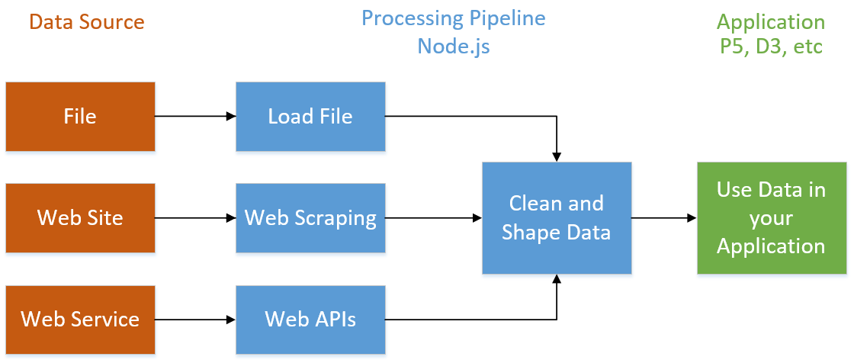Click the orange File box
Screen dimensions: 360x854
click(x=80, y=116)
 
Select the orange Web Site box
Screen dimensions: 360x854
click(x=80, y=218)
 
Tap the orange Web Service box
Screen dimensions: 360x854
click(x=80, y=319)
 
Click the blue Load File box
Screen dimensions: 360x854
click(x=310, y=116)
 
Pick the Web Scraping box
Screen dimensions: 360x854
click(x=310, y=218)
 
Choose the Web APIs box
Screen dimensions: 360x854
click(x=310, y=319)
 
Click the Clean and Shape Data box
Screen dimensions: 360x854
click(x=557, y=218)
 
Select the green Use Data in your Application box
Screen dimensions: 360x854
click(x=772, y=218)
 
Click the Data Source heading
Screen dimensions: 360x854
click(x=87, y=21)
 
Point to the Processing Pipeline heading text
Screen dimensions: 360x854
click(x=454, y=18)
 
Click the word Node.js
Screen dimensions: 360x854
click(x=454, y=46)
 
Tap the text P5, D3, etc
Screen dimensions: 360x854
click(x=772, y=46)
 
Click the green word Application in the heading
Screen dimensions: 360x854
click(x=772, y=21)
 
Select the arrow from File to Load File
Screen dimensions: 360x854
click(x=195, y=117)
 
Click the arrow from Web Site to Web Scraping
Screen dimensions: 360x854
click(x=195, y=218)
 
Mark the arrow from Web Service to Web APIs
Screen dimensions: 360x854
click(x=195, y=319)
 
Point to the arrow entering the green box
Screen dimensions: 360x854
click(x=664, y=218)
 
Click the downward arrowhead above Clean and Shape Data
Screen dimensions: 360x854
click(x=557, y=156)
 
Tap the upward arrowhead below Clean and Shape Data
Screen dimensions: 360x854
click(x=557, y=280)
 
